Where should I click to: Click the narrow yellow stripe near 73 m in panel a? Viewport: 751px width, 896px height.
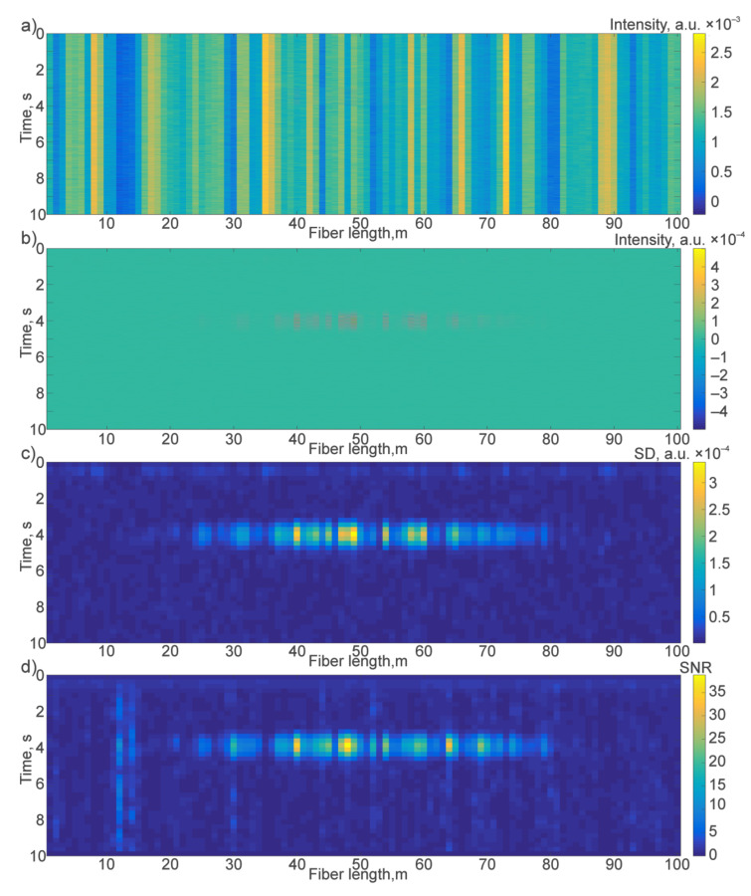[x=506, y=123]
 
